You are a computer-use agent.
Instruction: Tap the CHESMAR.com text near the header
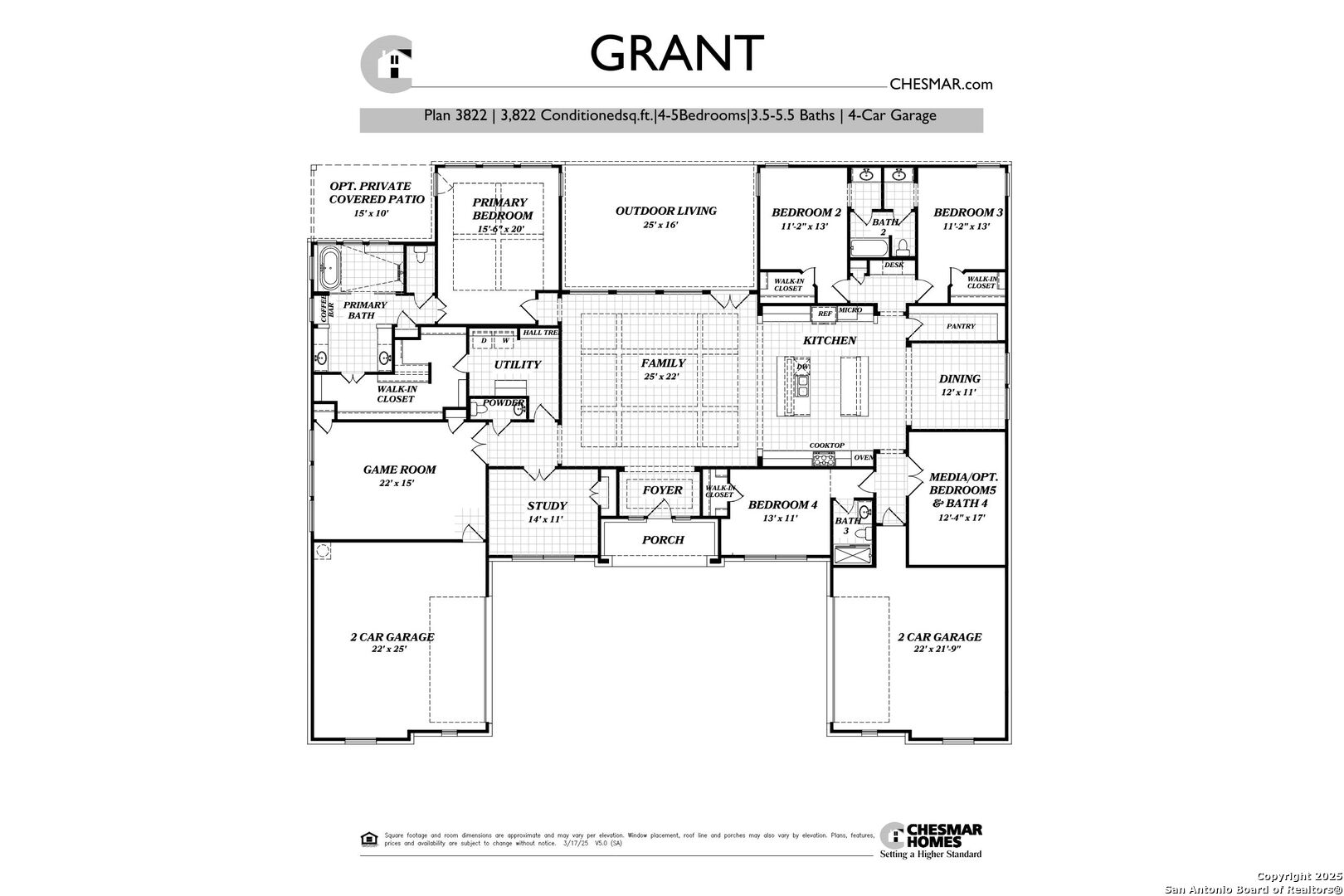(x=940, y=84)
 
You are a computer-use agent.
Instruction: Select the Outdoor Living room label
(x=665, y=211)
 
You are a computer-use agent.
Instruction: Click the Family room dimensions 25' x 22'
(x=662, y=377)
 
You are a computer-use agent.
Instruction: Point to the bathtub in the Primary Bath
(x=330, y=268)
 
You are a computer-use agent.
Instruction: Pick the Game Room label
(x=399, y=470)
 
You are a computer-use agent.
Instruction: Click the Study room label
(x=547, y=506)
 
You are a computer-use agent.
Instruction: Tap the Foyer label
(x=662, y=490)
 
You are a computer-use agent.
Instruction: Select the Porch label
(x=663, y=540)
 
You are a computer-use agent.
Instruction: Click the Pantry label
(x=961, y=327)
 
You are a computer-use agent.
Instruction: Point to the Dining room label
(x=960, y=379)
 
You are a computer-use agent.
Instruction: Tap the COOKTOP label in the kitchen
(x=826, y=446)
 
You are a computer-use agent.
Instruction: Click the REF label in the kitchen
(x=824, y=314)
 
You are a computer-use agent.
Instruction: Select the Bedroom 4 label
(x=782, y=505)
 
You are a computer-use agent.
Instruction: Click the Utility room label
(x=517, y=365)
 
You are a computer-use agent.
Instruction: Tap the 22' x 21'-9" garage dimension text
(x=939, y=650)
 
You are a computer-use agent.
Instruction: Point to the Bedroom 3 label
(x=967, y=212)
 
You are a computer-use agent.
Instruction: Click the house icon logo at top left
(x=388, y=65)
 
